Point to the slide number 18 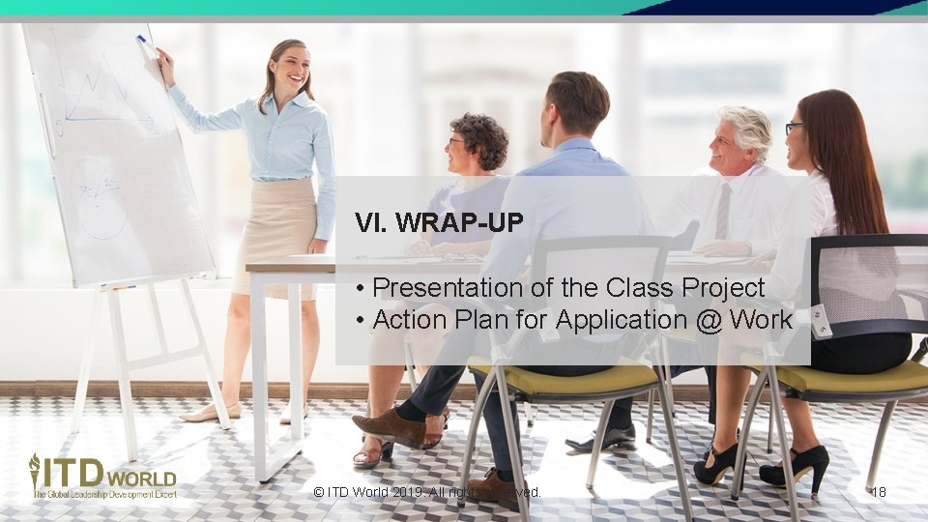pos(878,493)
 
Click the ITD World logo pos(101,476)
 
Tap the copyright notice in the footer pos(427,493)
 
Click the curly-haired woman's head pos(478,140)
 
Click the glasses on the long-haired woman pos(793,128)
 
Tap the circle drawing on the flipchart pos(98,197)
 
